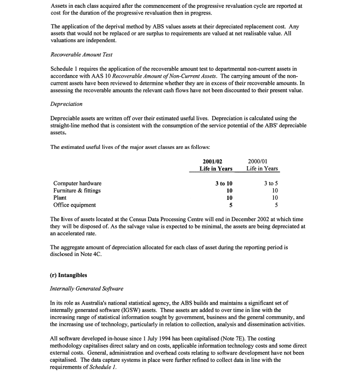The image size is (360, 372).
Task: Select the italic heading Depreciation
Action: click(x=66, y=104)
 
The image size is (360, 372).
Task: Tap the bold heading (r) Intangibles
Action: click(x=68, y=275)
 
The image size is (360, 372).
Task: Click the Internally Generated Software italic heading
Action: click(x=87, y=289)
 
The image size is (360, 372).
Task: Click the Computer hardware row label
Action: click(x=77, y=183)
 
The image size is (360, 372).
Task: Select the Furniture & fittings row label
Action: click(x=77, y=191)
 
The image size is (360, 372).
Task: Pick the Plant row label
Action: click(x=59, y=198)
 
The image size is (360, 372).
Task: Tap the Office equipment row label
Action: click(x=74, y=205)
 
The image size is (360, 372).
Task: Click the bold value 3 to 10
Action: click(x=224, y=183)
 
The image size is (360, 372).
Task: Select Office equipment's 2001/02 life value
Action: click(x=230, y=205)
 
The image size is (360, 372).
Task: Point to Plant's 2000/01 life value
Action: click(x=275, y=198)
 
